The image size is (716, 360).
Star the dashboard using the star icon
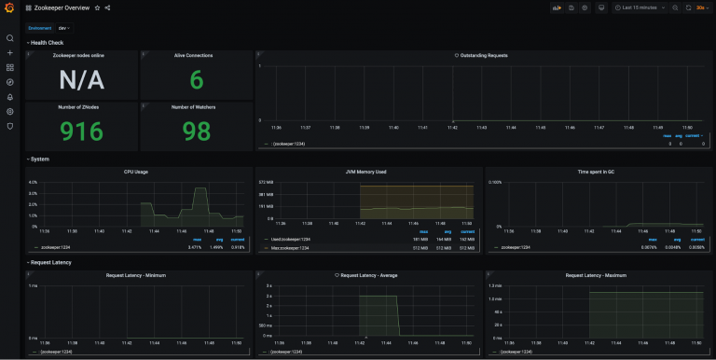[x=97, y=7]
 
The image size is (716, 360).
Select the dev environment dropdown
[x=63, y=28]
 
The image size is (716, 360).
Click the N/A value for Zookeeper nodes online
[x=81, y=80]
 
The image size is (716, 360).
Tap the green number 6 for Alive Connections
[x=196, y=80]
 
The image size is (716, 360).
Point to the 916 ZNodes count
[x=81, y=130]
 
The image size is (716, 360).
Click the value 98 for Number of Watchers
[x=196, y=130]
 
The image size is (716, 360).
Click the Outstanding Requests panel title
[x=482, y=56]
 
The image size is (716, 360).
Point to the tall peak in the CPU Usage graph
[x=200, y=191]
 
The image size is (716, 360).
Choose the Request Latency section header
[x=52, y=262]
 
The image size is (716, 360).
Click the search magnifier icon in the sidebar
[x=9, y=38]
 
